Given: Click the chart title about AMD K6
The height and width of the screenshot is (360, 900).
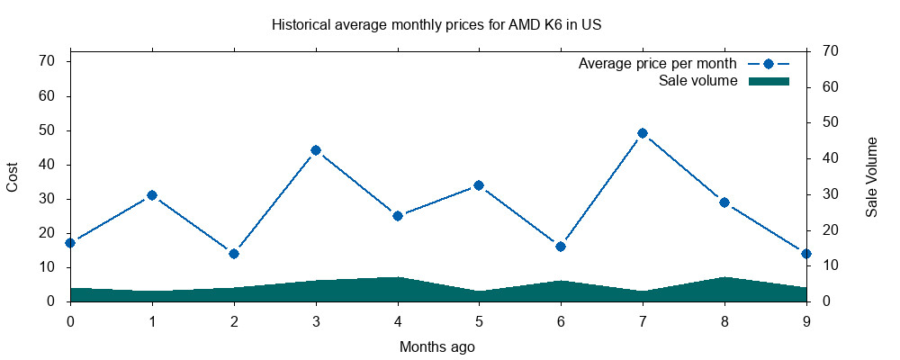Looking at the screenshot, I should (436, 25).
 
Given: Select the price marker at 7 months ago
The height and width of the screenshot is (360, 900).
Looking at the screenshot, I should (643, 133).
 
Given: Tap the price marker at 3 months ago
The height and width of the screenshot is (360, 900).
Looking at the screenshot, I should (316, 150).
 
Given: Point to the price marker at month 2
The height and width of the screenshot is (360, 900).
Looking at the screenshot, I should (234, 254).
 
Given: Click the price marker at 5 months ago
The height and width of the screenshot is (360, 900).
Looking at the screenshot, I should (479, 185).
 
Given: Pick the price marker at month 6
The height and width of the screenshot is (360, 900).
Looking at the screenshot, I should (561, 247).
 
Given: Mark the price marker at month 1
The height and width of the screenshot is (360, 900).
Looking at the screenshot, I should (152, 195).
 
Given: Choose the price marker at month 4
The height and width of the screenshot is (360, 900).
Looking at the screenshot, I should (398, 216).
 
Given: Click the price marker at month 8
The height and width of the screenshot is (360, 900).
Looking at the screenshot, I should (724, 202).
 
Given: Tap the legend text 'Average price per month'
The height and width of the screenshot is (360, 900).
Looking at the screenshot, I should (658, 64).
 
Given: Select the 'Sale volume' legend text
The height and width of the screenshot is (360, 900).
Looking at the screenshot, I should (698, 81).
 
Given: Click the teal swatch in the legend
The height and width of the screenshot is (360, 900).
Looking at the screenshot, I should (769, 81).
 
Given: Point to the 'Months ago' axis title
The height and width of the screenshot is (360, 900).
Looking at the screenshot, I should (437, 346).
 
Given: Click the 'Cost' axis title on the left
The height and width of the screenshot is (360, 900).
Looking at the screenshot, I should (13, 177).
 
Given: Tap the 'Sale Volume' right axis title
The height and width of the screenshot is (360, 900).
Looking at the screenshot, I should (871, 177).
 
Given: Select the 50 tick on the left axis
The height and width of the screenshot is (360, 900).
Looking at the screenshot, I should (47, 130).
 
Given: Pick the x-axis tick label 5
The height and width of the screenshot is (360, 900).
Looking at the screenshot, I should (479, 320).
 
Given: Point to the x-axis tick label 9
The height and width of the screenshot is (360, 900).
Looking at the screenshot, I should (806, 320).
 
